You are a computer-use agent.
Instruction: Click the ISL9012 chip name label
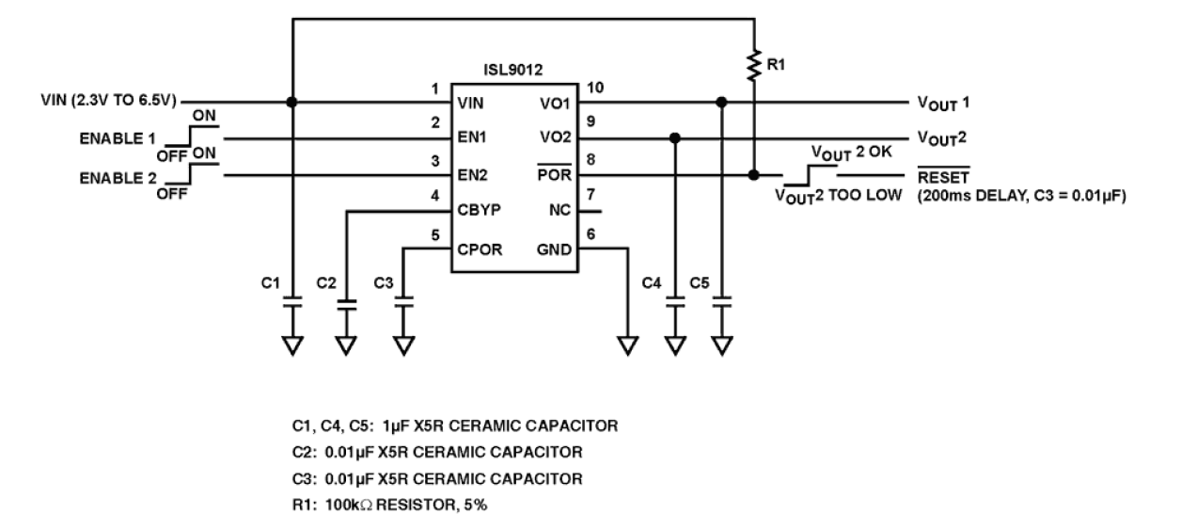pyautogui.click(x=513, y=69)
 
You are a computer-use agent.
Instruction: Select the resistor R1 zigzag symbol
pyautogui.click(x=753, y=66)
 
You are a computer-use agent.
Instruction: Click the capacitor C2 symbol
pyautogui.click(x=347, y=304)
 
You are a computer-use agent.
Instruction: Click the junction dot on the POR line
pyautogui.click(x=753, y=175)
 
